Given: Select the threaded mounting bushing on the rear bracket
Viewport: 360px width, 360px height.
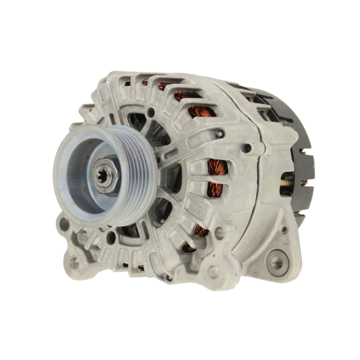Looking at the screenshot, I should tap(277, 262).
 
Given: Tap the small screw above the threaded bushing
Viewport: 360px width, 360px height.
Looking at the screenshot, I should tap(284, 229).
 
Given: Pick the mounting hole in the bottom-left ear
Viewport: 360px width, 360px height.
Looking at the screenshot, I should tap(74, 262).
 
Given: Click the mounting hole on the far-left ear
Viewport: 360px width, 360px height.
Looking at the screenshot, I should tap(64, 224).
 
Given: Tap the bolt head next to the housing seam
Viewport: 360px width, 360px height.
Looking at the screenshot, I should tap(248, 148).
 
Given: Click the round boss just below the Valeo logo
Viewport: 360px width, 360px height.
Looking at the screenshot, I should tap(219, 233).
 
